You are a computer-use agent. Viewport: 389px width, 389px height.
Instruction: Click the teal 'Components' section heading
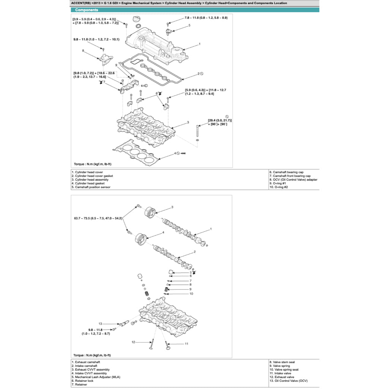[x=87, y=10]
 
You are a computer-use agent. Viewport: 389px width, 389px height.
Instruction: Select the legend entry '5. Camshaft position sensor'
[x=91, y=187]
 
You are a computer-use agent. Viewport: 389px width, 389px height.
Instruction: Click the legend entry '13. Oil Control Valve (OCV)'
[x=288, y=381]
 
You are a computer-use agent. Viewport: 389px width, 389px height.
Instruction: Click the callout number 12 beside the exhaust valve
[x=133, y=342]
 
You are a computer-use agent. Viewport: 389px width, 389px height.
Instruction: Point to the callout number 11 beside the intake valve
[x=187, y=344]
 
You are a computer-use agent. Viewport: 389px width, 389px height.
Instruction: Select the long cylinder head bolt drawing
[x=198, y=131]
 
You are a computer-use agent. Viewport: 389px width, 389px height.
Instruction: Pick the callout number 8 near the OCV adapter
[x=83, y=51]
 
